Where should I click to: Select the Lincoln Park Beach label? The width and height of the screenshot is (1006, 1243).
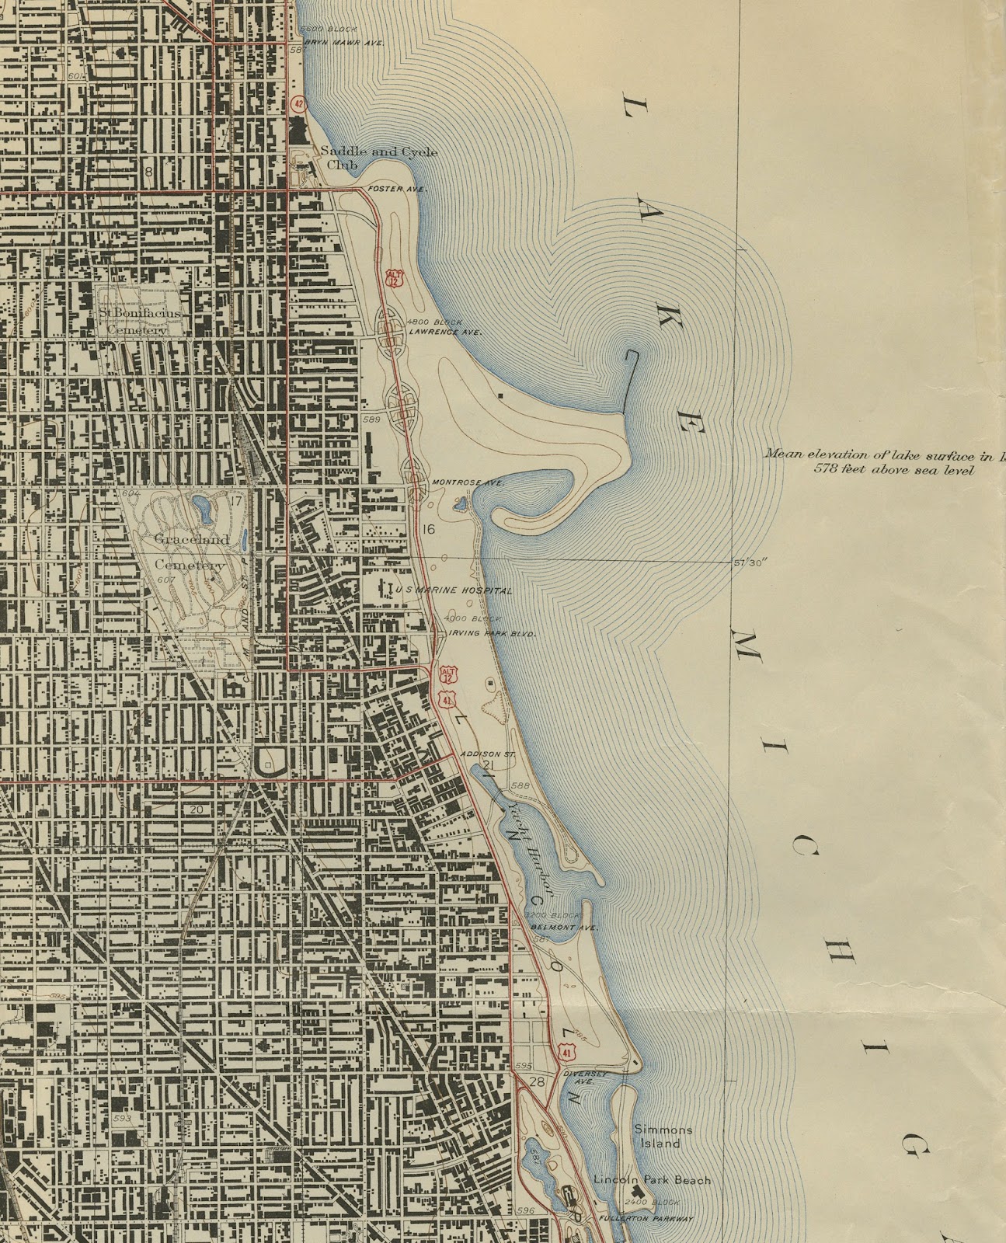point(652,1180)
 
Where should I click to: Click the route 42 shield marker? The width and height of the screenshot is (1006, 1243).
point(298,103)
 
